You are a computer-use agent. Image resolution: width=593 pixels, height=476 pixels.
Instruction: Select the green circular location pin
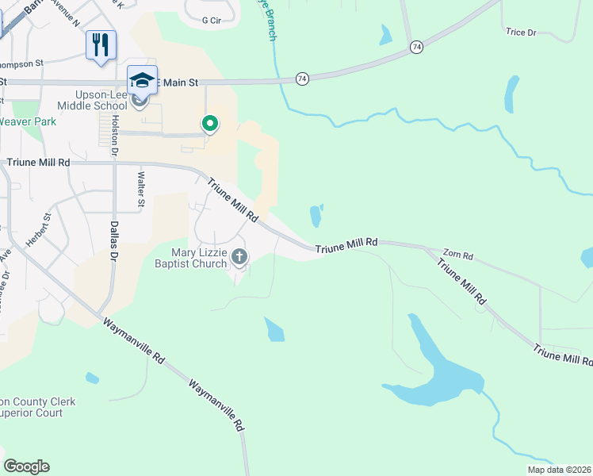(210, 124)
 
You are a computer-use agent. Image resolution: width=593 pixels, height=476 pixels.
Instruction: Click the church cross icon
(239, 256)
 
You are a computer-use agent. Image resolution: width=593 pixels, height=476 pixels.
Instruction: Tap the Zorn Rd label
(457, 256)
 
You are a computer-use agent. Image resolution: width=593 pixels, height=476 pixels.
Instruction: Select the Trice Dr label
(521, 33)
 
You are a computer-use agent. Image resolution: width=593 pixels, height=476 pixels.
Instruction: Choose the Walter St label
(141, 190)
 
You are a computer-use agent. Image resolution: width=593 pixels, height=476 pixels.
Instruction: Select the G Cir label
(211, 21)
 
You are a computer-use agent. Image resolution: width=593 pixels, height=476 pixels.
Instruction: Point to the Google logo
(26, 466)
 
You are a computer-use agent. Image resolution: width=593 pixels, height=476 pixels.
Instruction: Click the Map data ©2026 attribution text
(558, 470)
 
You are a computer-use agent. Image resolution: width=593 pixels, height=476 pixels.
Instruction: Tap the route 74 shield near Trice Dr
(416, 48)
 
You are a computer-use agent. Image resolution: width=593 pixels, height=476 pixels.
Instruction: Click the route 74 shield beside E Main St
(301, 79)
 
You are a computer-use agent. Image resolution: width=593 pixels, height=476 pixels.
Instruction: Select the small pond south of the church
(274, 329)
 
